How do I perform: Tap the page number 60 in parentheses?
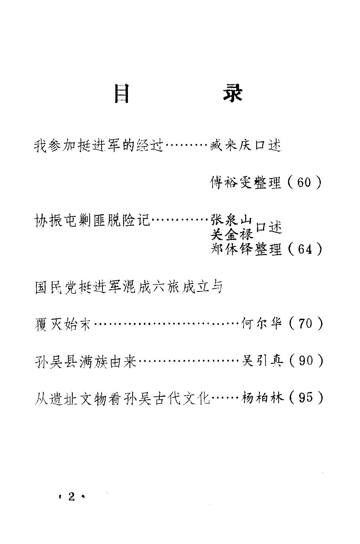(x=304, y=183)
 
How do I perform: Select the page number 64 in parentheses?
(x=305, y=249)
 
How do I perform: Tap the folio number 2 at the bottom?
(x=71, y=497)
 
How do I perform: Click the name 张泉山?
(x=231, y=221)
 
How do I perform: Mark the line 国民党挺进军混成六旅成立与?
(x=129, y=287)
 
